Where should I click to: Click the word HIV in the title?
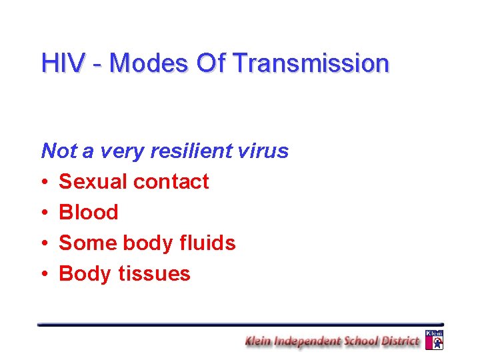(63, 63)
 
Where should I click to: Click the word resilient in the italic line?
(191, 151)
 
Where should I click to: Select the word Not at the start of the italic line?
(59, 151)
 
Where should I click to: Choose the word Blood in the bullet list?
(89, 212)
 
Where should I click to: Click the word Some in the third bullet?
(85, 243)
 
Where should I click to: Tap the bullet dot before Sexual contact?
(45, 182)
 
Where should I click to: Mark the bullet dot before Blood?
(45, 213)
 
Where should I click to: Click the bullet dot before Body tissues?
(45, 274)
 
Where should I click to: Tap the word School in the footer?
(359, 341)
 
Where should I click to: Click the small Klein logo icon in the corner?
(434, 339)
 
